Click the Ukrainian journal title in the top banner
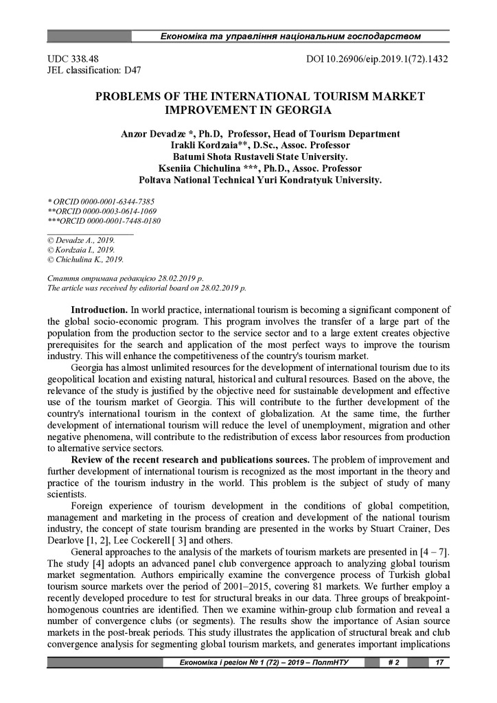tap(290, 35)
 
